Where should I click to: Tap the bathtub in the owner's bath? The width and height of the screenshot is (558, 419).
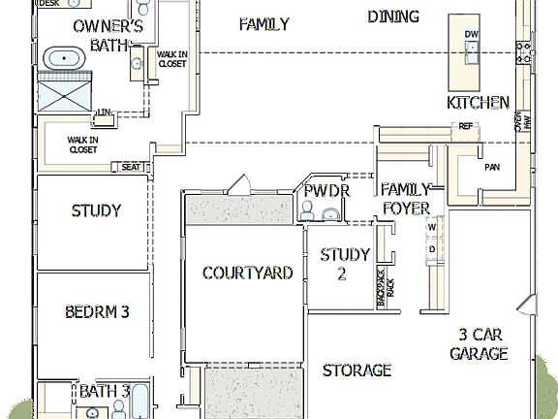click(x=65, y=58)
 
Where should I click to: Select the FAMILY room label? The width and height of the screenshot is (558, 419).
click(x=263, y=24)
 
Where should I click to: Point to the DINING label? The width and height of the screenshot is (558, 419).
click(x=393, y=16)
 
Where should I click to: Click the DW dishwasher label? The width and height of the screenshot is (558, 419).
click(x=472, y=35)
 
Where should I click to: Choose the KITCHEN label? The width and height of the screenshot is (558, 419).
click(x=478, y=102)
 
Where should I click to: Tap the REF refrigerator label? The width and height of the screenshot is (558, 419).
click(x=466, y=126)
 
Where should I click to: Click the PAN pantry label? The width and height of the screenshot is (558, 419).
click(x=492, y=168)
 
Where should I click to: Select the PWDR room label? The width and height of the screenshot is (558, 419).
click(x=325, y=191)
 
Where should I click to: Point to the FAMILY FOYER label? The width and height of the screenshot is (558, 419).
click(x=406, y=198)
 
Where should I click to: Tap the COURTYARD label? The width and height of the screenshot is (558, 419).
click(x=247, y=274)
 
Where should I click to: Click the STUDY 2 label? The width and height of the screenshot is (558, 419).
click(x=346, y=264)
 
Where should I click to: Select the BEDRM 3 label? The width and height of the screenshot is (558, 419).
click(x=97, y=311)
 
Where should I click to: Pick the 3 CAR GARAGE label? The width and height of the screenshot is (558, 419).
click(x=479, y=344)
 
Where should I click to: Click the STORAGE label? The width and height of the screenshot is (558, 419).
click(x=356, y=370)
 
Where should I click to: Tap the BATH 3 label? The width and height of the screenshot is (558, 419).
click(x=105, y=391)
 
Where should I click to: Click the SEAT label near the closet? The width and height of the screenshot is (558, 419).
click(x=131, y=167)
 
